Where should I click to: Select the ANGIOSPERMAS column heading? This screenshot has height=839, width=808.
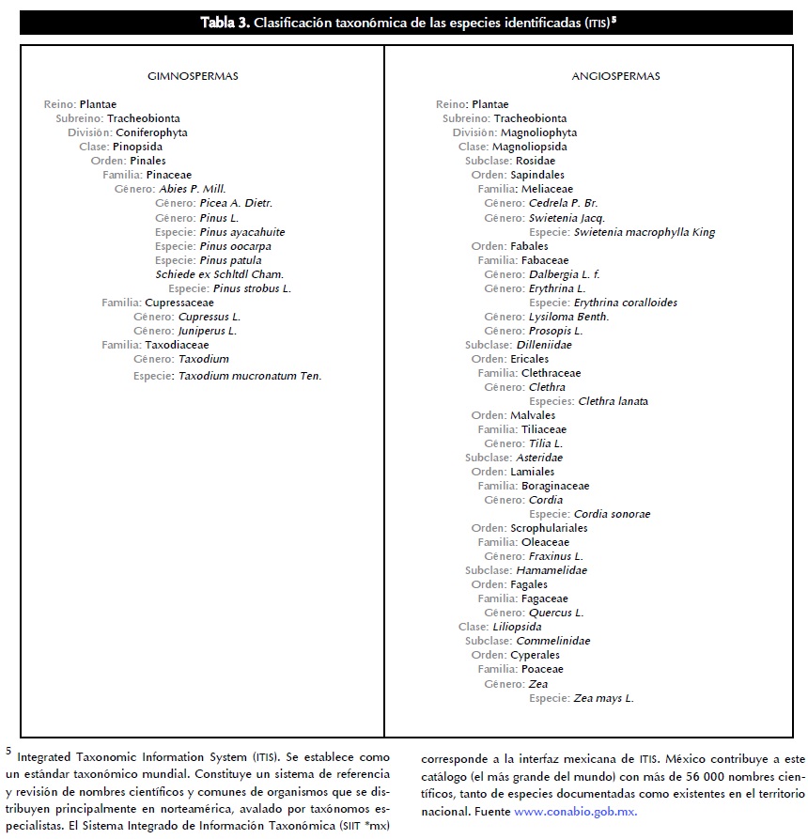[615, 76]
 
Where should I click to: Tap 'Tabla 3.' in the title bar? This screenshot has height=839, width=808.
[225, 23]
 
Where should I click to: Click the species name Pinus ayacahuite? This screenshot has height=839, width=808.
[242, 232]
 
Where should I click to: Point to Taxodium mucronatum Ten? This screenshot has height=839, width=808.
[250, 376]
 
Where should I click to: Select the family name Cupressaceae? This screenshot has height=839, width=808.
[179, 303]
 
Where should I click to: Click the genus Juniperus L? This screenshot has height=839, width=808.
[207, 331]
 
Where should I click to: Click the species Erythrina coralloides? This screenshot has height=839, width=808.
[625, 303]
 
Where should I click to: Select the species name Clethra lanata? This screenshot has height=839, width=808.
[614, 401]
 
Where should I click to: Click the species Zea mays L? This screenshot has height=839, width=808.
[603, 698]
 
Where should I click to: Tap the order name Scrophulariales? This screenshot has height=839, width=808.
[550, 528]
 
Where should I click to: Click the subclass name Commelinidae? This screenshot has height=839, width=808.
[553, 641]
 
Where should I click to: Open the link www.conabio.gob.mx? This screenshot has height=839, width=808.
[576, 811]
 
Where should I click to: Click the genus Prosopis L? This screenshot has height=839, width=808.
[555, 331]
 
